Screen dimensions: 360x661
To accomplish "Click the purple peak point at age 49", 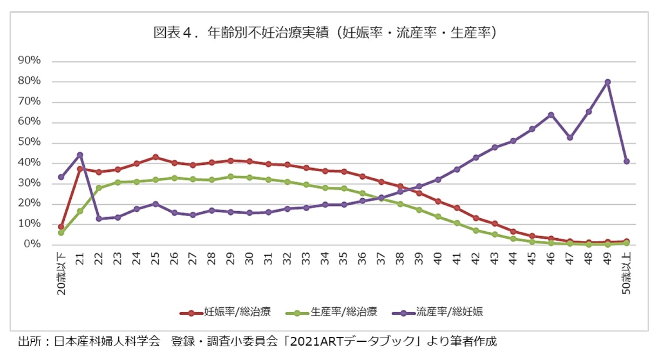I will pyautogui.click(x=608, y=82).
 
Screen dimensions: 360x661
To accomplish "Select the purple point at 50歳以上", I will pyautogui.click(x=627, y=161).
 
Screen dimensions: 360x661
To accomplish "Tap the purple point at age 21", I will pyautogui.click(x=80, y=155).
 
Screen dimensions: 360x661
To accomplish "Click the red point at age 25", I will pyautogui.click(x=155, y=157).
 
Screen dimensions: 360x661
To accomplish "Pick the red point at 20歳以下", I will pyautogui.click(x=61, y=227).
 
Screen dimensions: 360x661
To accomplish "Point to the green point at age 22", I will pyautogui.click(x=99, y=188).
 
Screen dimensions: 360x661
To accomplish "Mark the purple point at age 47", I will pyautogui.click(x=570, y=137).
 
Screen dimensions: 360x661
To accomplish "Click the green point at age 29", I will pyautogui.click(x=230, y=177).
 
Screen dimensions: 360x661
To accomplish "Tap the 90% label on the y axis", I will pyautogui.click(x=29, y=60).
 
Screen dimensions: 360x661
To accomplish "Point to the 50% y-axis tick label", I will pyautogui.click(x=29, y=142).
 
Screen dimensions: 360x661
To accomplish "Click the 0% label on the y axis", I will pyautogui.click(x=32, y=244).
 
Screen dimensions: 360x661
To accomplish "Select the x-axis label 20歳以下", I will pyautogui.click(x=62, y=273).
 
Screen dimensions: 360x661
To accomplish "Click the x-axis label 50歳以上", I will pyautogui.click(x=626, y=273).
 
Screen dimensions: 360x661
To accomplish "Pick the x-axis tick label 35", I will pyautogui.click(x=344, y=259).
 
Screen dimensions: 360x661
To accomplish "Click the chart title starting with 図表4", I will pyautogui.click(x=325, y=33).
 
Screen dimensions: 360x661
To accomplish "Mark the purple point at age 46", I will pyautogui.click(x=551, y=115).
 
